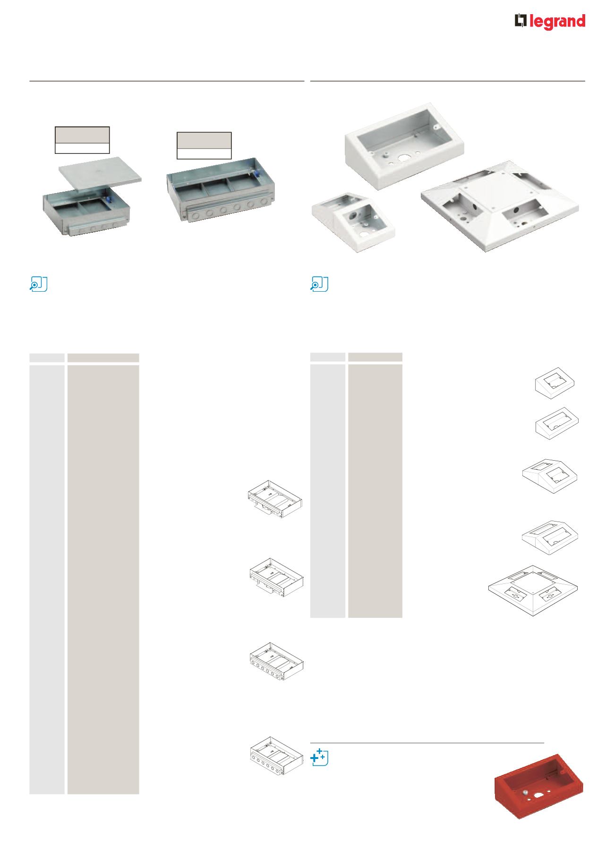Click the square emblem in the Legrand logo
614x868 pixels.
(x=520, y=22)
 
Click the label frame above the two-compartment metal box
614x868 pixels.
(x=82, y=140)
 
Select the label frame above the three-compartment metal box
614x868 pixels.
(x=204, y=145)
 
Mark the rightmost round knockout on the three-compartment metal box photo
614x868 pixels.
(x=276, y=204)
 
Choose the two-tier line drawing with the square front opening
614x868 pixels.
(x=550, y=475)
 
